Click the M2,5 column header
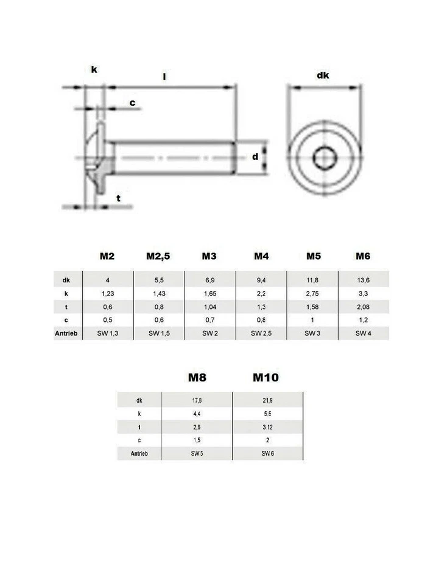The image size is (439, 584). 158,256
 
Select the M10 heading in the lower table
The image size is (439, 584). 265,378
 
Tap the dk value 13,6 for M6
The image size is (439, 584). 363,280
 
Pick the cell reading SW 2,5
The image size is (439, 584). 261,333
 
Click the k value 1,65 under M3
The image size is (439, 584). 209,294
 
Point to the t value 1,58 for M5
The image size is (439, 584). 313,307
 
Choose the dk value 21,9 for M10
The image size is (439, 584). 268,400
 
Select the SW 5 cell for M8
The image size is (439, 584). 197,453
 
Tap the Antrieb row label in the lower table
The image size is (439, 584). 139,453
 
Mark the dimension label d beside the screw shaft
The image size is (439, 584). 255,157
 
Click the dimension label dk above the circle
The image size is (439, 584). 323,76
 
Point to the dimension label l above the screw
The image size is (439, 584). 164,77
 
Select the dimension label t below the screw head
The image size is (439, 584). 119,198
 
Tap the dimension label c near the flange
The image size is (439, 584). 132,103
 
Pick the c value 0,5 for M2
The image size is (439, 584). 107,321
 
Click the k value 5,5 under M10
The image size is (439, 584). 268,414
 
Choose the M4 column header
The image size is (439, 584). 261,256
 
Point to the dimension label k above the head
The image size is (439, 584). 94,70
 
